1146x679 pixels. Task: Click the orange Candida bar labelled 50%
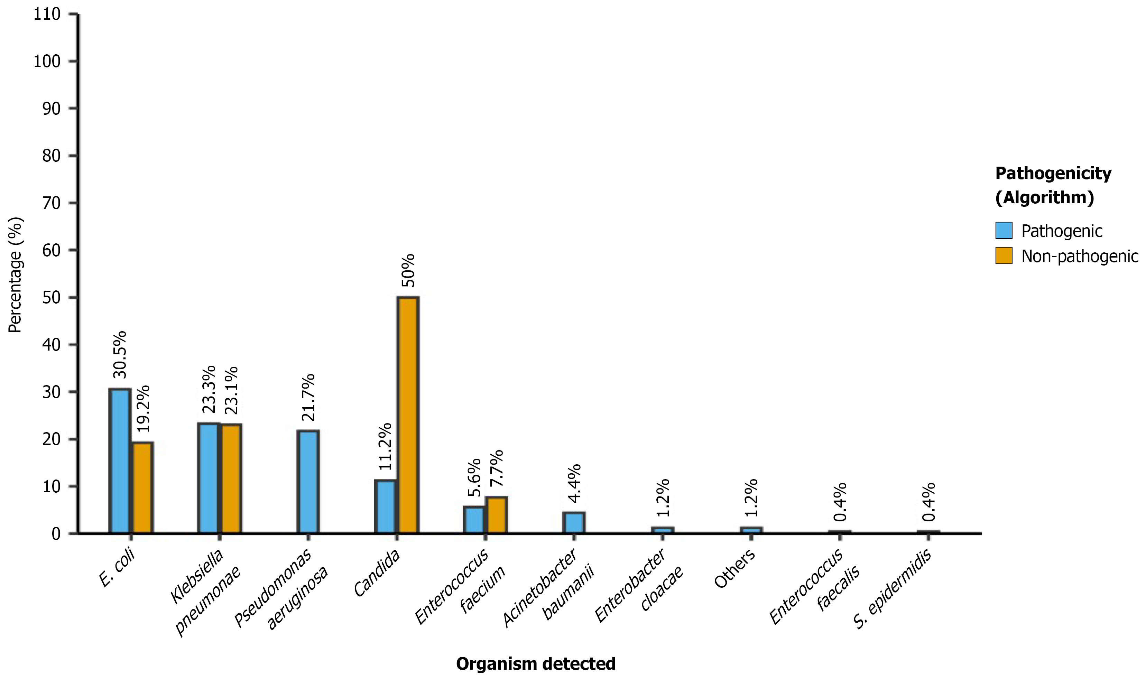click(x=407, y=415)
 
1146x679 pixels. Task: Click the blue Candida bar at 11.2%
click(x=385, y=506)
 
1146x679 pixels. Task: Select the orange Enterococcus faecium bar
click(x=496, y=515)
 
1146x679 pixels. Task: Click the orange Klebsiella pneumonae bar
click(x=231, y=478)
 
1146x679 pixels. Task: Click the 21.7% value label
click(x=308, y=397)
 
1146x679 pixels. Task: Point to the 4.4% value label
click(x=574, y=483)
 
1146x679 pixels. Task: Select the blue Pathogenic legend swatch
click(x=1003, y=231)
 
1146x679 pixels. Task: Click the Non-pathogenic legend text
click(x=1079, y=256)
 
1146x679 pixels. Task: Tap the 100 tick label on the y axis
click(x=47, y=61)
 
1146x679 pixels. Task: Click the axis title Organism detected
click(x=535, y=663)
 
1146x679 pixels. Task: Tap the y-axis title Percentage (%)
click(x=15, y=275)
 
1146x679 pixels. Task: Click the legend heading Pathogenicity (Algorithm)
click(x=1053, y=185)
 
